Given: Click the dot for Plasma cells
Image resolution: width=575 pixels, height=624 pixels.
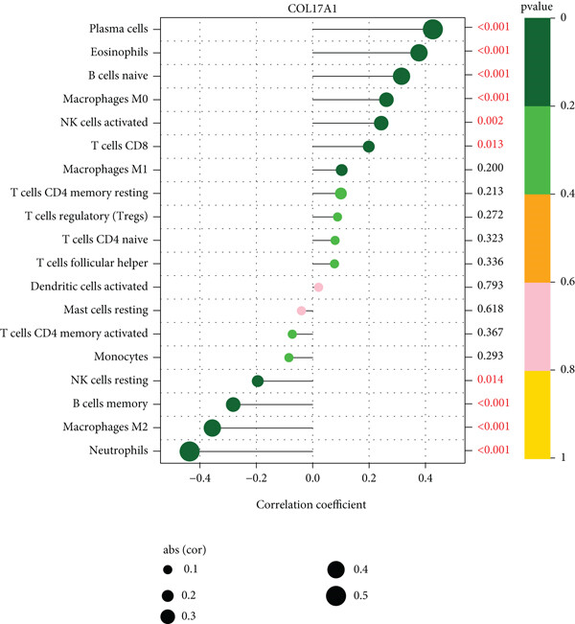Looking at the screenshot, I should click(432, 30).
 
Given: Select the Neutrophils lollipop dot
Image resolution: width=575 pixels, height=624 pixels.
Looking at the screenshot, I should click(189, 451).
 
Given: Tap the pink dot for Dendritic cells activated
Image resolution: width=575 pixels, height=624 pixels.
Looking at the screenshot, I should click(318, 288).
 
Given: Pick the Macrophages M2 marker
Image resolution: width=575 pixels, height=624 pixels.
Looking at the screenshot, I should click(212, 428).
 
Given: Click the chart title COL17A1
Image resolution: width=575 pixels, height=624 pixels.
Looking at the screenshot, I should click(311, 9).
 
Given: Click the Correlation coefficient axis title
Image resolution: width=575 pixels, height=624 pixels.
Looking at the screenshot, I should click(311, 502).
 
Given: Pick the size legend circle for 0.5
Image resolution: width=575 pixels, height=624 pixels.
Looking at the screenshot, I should click(335, 596).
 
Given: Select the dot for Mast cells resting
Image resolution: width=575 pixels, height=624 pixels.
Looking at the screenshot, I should click(301, 311).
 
